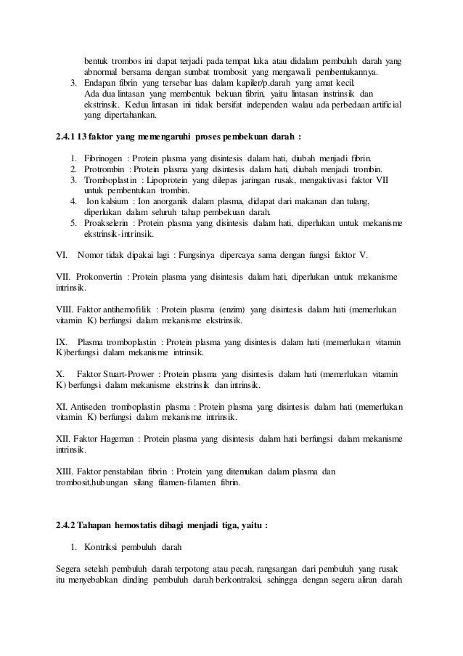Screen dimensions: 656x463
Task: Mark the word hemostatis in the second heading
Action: click(137, 526)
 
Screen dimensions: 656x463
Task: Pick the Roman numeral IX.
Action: click(61, 341)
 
